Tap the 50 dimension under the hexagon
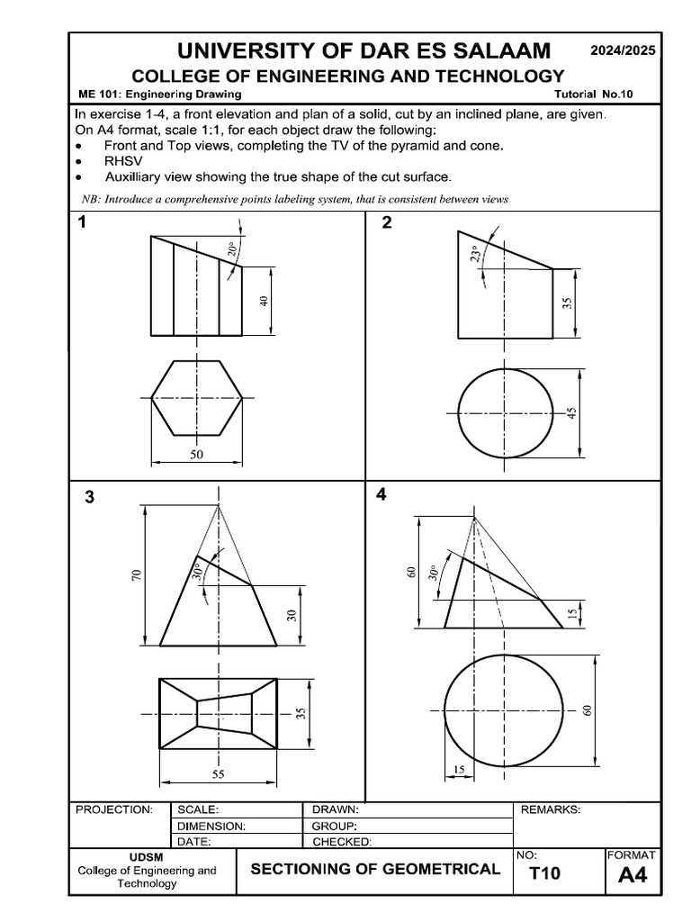(197, 455)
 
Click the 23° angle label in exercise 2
(476, 256)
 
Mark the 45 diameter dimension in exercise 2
(572, 413)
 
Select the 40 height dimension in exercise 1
(265, 301)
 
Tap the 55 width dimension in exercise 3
(218, 773)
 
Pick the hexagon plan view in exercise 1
(197, 397)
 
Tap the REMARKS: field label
(551, 809)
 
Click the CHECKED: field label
(341, 842)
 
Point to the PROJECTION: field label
(114, 809)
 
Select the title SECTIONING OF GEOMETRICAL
(375, 869)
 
